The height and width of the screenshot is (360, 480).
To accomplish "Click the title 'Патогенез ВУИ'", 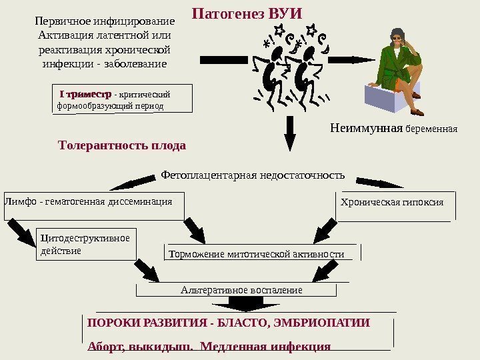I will coord(247,14).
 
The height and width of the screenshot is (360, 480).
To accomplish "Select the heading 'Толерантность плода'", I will coord(122,145).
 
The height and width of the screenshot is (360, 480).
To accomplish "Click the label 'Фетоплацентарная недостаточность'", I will coord(253,176).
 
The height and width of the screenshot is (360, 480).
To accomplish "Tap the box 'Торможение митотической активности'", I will coord(262,254).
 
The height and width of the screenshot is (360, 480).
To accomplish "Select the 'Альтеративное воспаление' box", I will coord(241,290).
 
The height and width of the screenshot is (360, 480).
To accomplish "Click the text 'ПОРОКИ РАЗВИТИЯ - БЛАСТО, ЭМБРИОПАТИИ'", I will coord(229,323).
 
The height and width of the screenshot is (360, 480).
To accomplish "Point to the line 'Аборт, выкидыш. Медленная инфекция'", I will coord(209,346).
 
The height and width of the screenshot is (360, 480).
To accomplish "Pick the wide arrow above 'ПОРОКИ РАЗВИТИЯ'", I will coord(247,303).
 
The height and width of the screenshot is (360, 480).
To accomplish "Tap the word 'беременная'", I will coord(432,129).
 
